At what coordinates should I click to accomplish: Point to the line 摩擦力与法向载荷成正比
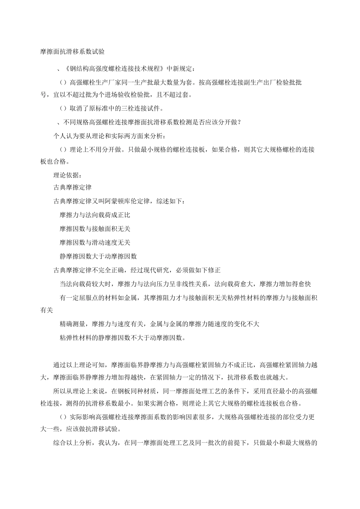[x=95, y=215]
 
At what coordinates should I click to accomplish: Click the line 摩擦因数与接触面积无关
[x=95, y=229]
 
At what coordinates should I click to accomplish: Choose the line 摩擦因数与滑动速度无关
[x=95, y=242]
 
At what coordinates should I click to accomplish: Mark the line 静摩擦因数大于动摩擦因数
[x=98, y=256]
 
